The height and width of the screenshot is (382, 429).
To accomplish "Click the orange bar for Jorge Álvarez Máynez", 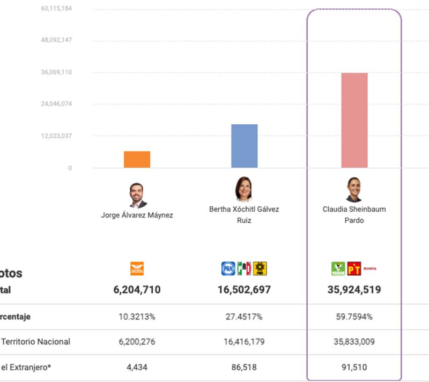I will (137, 159).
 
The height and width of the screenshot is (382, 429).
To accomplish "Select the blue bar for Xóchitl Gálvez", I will (244, 146).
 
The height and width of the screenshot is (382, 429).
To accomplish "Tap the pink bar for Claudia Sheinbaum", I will (354, 120).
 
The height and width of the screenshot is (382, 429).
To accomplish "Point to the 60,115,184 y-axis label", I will (56, 9).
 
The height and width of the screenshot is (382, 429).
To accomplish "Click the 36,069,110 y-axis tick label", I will (56, 72).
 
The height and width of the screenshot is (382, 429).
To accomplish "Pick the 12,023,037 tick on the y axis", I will (56, 136).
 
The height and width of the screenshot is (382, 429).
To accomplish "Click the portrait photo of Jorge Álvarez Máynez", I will (137, 195).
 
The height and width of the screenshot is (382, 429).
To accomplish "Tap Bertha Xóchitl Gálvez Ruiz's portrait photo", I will (243, 190).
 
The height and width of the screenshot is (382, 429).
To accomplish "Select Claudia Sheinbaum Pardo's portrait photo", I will (354, 190).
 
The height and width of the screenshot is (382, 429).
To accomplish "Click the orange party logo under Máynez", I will (137, 268).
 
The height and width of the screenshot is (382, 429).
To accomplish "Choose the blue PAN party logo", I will (228, 268).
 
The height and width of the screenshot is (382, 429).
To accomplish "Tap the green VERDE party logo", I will (338, 268).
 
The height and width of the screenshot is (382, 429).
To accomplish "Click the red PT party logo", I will (354, 268).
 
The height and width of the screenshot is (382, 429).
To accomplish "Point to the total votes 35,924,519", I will (354, 290).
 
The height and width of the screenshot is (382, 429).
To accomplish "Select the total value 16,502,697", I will (244, 290).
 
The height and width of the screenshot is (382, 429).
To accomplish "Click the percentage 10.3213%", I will (137, 317).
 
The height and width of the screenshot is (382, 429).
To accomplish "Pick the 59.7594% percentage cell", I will (354, 317).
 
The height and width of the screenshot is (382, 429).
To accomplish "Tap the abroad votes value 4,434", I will (137, 367).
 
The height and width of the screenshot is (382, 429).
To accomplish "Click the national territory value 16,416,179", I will (244, 341).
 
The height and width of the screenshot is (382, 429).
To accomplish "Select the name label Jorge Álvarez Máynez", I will (137, 215).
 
